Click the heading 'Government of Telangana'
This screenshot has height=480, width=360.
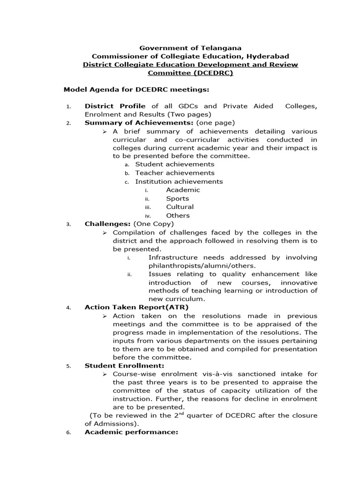point(191,48)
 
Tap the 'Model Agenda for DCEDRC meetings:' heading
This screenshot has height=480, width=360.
point(136,89)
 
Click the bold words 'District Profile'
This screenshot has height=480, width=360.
point(115,106)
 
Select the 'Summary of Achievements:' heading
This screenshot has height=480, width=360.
point(139,123)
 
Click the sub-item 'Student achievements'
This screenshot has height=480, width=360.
point(174,165)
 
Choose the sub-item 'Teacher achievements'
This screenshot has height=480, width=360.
point(174,173)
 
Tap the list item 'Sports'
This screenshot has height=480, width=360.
point(177,198)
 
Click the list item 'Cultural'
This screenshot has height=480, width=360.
point(180,207)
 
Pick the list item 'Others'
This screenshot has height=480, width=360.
point(178,216)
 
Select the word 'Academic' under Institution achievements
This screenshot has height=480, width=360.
point(183,190)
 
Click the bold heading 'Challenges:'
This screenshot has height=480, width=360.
point(107,224)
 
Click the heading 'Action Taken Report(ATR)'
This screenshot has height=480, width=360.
point(136,307)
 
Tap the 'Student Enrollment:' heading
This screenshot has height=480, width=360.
point(124,366)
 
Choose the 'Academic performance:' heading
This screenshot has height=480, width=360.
point(131,432)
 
